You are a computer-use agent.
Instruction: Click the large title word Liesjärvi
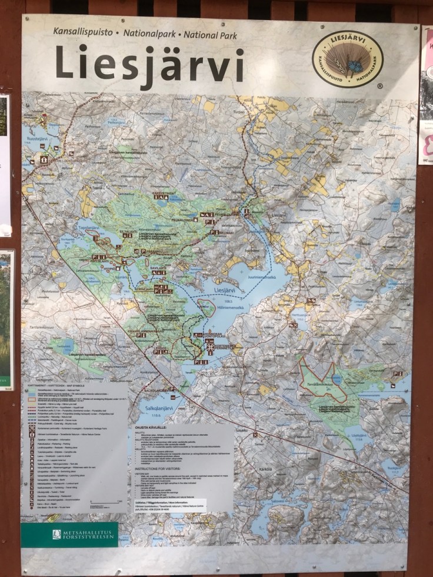click(x=149, y=64)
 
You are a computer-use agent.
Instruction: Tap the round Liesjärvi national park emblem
click(x=347, y=58)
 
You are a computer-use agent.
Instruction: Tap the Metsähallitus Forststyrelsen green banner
click(x=69, y=534)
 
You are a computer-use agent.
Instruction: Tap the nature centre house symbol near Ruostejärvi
click(x=44, y=159)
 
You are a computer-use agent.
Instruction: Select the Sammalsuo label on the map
click(x=125, y=193)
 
